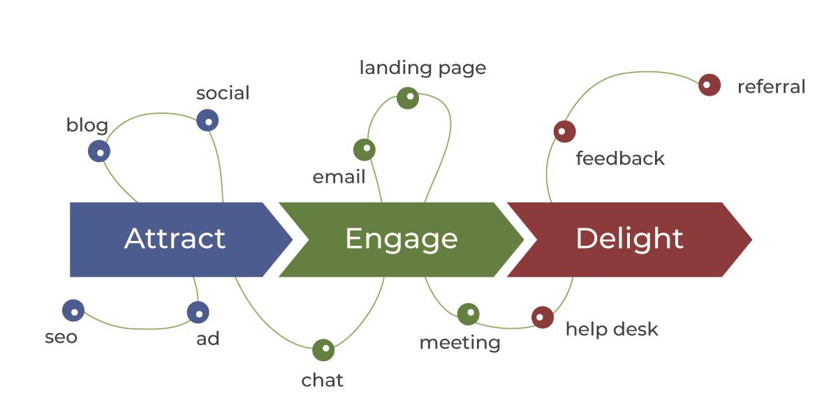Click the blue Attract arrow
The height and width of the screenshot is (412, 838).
pyautogui.click(x=175, y=239)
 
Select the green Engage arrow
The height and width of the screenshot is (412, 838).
pyautogui.click(x=401, y=239)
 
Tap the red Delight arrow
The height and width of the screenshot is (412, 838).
pyautogui.click(x=628, y=239)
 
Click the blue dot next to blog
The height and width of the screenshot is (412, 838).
pyautogui.click(x=99, y=151)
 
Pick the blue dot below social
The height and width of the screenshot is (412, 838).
pyautogui.click(x=207, y=120)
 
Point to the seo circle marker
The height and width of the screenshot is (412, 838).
pyautogui.click(x=73, y=311)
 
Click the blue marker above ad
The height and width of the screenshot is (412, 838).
pyautogui.click(x=198, y=311)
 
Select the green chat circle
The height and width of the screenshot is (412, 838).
pyautogui.click(x=323, y=349)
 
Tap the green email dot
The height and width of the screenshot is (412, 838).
pyautogui.click(x=364, y=149)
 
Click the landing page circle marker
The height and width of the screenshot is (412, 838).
pyautogui.click(x=408, y=98)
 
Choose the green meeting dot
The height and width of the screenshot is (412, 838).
pyautogui.click(x=469, y=314)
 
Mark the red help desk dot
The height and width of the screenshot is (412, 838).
pyautogui.click(x=543, y=317)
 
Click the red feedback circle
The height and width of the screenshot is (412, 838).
pyautogui.click(x=564, y=131)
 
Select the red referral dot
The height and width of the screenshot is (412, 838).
pyautogui.click(x=709, y=85)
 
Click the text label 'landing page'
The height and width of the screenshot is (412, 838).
pyautogui.click(x=422, y=68)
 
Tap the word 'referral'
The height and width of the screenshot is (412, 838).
pyautogui.click(x=771, y=87)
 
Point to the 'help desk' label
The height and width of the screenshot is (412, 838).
pyautogui.click(x=612, y=329)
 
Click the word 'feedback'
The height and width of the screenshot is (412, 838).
pyautogui.click(x=620, y=159)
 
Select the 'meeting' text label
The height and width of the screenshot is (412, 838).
pyautogui.click(x=460, y=343)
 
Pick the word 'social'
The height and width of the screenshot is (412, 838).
pyautogui.click(x=223, y=93)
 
